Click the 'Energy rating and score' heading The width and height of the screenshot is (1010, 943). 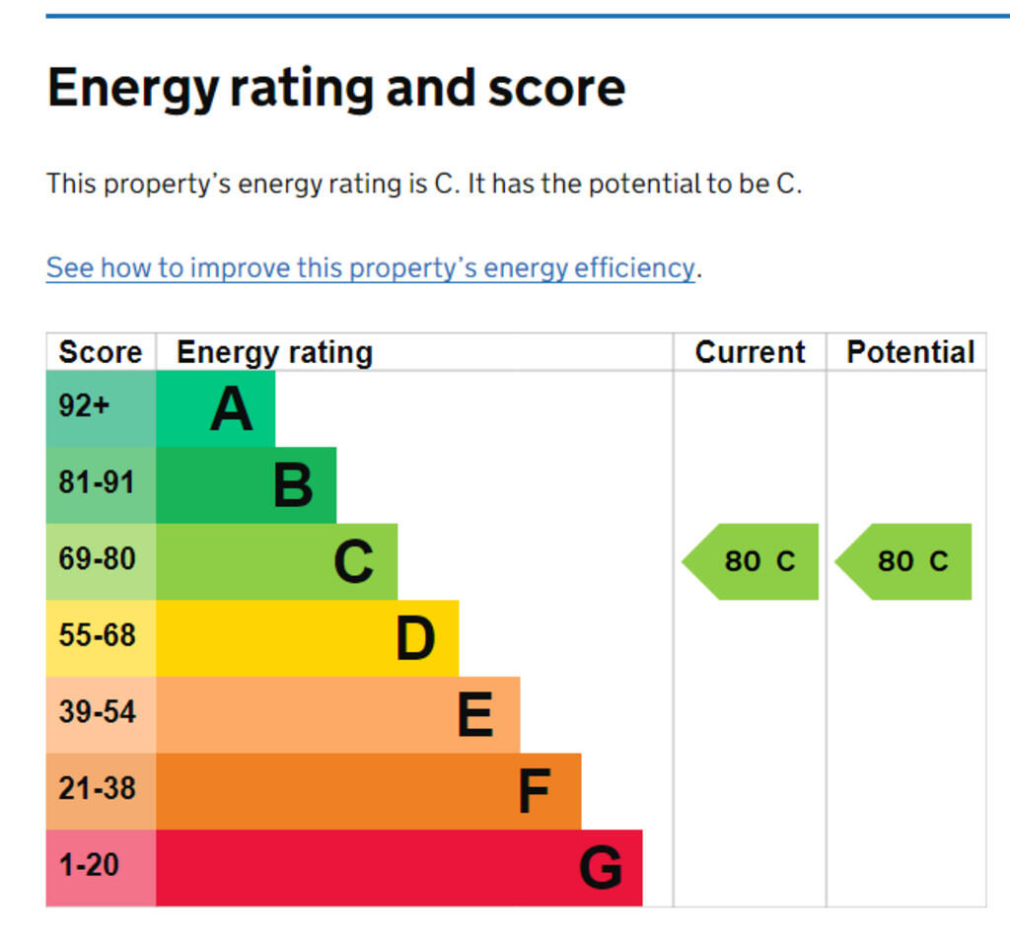pyautogui.click(x=335, y=88)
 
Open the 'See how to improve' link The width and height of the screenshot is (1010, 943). pyautogui.click(x=371, y=268)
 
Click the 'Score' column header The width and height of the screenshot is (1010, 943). pyautogui.click(x=100, y=352)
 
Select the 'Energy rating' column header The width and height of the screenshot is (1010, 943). pyautogui.click(x=274, y=352)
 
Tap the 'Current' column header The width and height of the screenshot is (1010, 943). pyautogui.click(x=750, y=352)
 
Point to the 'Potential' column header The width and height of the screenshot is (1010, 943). pyautogui.click(x=909, y=352)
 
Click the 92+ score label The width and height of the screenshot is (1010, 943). pyautogui.click(x=84, y=405)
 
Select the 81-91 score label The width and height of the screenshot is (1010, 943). pyautogui.click(x=97, y=482)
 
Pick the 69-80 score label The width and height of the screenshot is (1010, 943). pyautogui.click(x=97, y=559)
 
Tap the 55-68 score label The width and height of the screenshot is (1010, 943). pyautogui.click(x=97, y=635)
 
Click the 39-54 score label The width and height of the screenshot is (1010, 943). pyautogui.click(x=97, y=712)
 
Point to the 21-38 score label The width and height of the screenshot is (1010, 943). pyautogui.click(x=97, y=789)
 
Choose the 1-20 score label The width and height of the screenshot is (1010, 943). pyautogui.click(x=89, y=866)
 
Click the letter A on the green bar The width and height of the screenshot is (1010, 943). pyautogui.click(x=231, y=409)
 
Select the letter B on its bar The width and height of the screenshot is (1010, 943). pyautogui.click(x=293, y=486)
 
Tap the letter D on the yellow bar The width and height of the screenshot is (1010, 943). pyautogui.click(x=415, y=639)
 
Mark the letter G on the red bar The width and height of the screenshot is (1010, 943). pyautogui.click(x=601, y=869)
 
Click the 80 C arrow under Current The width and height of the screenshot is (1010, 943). pyautogui.click(x=752, y=561)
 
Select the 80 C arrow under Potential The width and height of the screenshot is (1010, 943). pyautogui.click(x=904, y=561)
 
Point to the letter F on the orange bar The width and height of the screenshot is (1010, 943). pyautogui.click(x=534, y=792)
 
